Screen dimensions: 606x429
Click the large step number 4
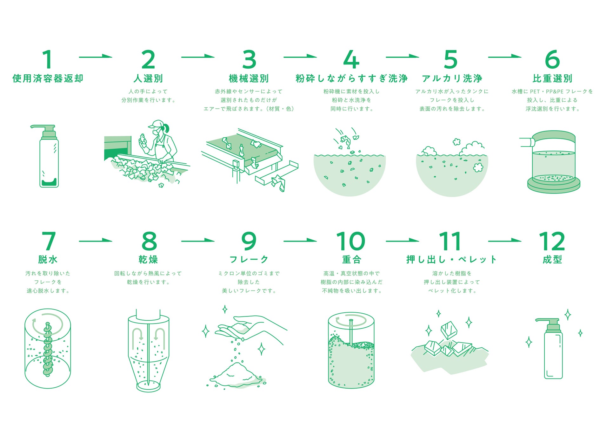351,59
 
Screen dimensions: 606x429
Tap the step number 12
552,242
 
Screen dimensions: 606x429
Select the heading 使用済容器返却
48,78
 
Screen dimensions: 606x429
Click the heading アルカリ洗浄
452,78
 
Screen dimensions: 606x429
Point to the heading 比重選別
552,78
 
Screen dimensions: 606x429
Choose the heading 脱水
48,260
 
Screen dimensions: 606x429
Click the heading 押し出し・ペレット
451,260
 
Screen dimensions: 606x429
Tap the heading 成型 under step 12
552,260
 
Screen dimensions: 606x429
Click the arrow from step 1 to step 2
96,57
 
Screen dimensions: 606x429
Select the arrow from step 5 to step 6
505,57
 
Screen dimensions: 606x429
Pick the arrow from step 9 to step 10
300,241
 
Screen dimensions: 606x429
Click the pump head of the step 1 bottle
44,132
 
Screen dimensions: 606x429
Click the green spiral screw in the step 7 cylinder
48,350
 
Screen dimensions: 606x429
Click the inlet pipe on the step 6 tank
527,142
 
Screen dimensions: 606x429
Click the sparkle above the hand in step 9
225,309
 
